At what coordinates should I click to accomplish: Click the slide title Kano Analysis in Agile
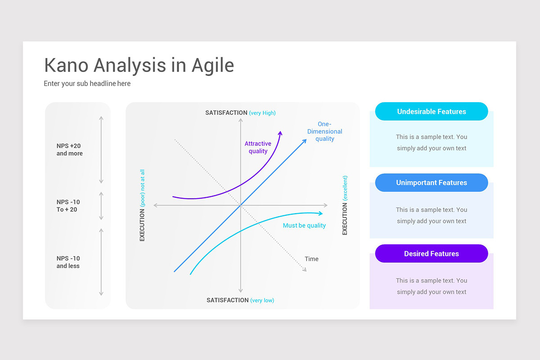[x=139, y=66]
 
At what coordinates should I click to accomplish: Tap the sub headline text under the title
[x=87, y=84]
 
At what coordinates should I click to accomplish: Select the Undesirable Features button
[x=431, y=112]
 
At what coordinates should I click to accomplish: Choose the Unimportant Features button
[x=431, y=183]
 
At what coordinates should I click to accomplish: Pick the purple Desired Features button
[x=431, y=254]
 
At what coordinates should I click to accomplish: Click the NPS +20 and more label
[x=69, y=150]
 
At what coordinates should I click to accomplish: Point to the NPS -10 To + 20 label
[x=68, y=206]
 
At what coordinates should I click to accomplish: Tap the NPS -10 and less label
[x=68, y=262]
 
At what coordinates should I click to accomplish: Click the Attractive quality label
[x=258, y=148]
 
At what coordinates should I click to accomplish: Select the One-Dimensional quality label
[x=324, y=131]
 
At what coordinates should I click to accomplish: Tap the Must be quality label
[x=304, y=225]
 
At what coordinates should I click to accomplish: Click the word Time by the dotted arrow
[x=311, y=259]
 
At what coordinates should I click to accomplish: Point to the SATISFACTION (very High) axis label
[x=240, y=113]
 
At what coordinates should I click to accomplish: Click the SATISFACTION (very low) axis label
[x=240, y=300]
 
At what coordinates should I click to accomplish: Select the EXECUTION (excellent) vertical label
[x=345, y=205]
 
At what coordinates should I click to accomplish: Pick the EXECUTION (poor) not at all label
[x=142, y=205]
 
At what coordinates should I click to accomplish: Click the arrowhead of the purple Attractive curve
[x=280, y=133]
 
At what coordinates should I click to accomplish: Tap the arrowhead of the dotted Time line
[x=305, y=270]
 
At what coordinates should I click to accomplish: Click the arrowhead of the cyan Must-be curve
[x=320, y=213]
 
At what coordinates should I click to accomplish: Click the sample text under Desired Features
[x=431, y=286]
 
